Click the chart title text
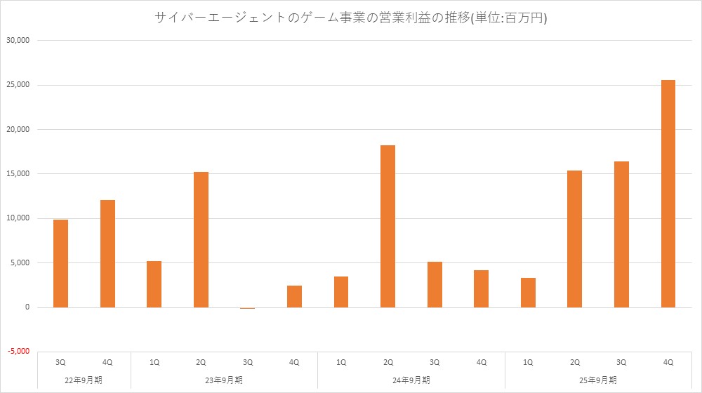[350, 19]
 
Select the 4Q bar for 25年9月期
[668, 194]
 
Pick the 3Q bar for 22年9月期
[60, 263]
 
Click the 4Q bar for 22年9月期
[107, 253]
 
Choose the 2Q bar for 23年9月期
[201, 239]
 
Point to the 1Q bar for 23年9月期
[154, 284]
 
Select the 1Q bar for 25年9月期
[528, 293]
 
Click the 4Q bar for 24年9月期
[481, 288]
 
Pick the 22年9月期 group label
[84, 380]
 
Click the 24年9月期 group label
[411, 380]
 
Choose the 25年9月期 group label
[598, 380]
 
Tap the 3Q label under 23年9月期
[248, 362]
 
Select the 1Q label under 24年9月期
[341, 362]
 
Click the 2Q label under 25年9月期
[575, 362]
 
